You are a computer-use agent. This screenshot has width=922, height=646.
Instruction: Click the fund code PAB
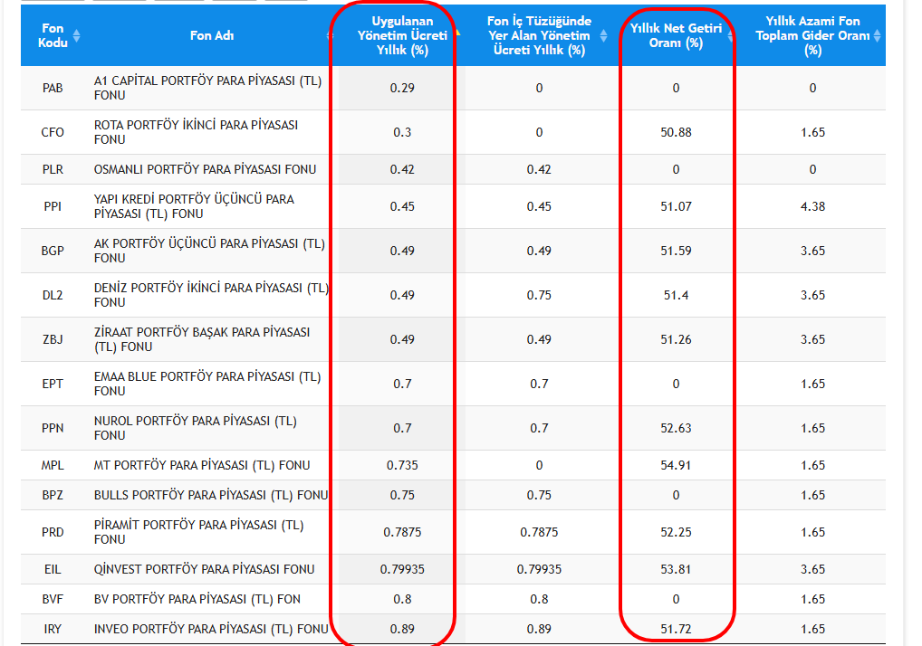tap(53, 88)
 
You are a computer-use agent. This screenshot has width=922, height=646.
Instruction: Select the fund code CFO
tap(53, 132)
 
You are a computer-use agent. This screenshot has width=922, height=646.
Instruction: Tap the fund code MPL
tap(53, 465)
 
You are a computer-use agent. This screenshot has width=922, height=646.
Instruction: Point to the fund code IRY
tap(53, 629)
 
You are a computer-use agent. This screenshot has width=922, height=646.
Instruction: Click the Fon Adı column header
tap(212, 36)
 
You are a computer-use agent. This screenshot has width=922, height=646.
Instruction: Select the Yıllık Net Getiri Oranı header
tap(676, 36)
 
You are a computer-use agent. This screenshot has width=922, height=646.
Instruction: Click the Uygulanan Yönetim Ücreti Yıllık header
tap(402, 36)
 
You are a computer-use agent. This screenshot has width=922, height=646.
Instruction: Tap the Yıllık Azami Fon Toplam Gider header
tap(812, 36)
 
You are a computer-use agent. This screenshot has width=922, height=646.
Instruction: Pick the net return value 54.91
tap(676, 465)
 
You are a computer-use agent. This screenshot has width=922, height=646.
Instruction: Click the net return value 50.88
tap(676, 132)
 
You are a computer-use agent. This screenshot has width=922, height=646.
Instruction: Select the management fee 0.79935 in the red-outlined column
tap(402, 569)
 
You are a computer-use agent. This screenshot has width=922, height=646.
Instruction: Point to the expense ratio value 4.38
tap(812, 206)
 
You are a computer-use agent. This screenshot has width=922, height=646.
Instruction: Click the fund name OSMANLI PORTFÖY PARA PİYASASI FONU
tap(205, 169)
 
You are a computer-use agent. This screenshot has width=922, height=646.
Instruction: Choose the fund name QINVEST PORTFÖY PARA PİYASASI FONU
tap(205, 569)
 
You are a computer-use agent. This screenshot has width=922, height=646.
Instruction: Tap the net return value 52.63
tap(676, 428)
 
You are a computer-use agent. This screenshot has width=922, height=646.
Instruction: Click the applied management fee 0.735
tap(402, 465)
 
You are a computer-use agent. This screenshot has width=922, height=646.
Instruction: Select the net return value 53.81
tap(676, 569)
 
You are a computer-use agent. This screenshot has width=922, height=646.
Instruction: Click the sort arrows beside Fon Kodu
tap(76, 36)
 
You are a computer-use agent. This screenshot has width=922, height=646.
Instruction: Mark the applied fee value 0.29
tap(402, 88)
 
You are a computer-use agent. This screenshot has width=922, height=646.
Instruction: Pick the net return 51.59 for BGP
tap(676, 251)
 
